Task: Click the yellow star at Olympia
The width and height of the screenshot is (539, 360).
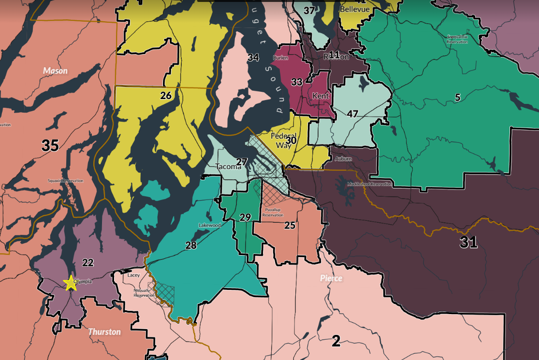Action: (71, 283)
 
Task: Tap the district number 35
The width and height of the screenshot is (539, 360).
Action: (50, 145)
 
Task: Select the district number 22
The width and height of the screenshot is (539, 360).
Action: (88, 262)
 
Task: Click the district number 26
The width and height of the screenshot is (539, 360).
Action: (166, 96)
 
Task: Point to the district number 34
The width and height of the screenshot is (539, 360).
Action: (253, 58)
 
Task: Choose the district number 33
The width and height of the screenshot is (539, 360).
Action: (297, 82)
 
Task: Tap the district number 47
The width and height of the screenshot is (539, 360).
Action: (352, 114)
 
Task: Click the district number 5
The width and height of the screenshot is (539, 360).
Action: (457, 98)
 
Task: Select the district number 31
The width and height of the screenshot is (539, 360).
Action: (468, 243)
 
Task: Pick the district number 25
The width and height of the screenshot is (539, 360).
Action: (290, 225)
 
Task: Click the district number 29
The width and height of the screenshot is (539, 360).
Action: (245, 217)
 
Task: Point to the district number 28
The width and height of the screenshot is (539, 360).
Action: (191, 245)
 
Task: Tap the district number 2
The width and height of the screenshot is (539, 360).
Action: (336, 342)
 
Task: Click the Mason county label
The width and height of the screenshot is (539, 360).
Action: (55, 71)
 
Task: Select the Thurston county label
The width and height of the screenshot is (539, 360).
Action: (104, 332)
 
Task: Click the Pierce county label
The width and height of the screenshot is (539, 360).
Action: (331, 278)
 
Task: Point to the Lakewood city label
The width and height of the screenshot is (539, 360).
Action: (209, 225)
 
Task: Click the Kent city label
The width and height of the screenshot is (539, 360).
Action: (320, 96)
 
